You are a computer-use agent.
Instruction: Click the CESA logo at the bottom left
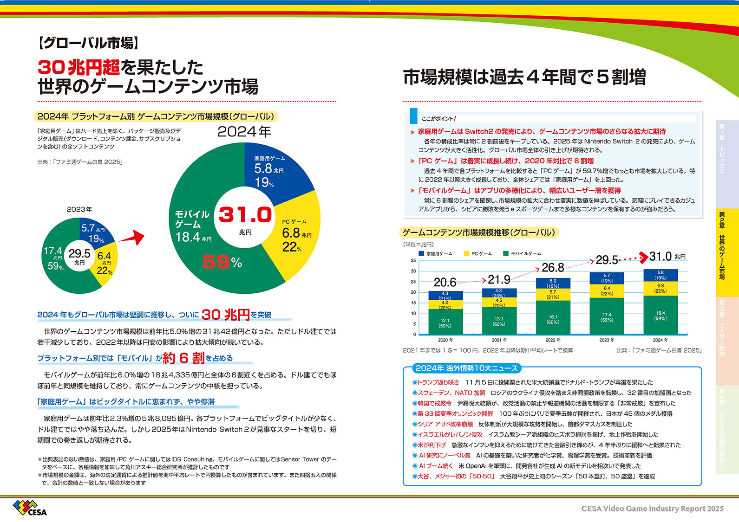(30, 508)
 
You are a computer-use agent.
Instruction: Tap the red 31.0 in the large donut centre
(245, 215)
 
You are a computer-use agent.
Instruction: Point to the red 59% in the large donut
(222, 263)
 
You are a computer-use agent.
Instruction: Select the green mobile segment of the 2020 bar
(445, 321)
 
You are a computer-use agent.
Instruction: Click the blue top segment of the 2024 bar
(661, 275)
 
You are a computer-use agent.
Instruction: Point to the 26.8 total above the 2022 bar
(553, 268)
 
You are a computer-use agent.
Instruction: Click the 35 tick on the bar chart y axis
(413, 261)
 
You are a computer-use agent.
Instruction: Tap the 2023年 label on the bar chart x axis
(607, 340)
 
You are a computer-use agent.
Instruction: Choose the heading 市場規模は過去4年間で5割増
(524, 77)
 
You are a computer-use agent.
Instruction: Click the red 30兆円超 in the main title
(78, 68)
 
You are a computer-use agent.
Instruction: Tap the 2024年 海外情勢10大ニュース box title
(466, 368)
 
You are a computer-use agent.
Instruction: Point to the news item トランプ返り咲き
(438, 382)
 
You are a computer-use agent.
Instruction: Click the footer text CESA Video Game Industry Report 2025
(652, 509)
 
